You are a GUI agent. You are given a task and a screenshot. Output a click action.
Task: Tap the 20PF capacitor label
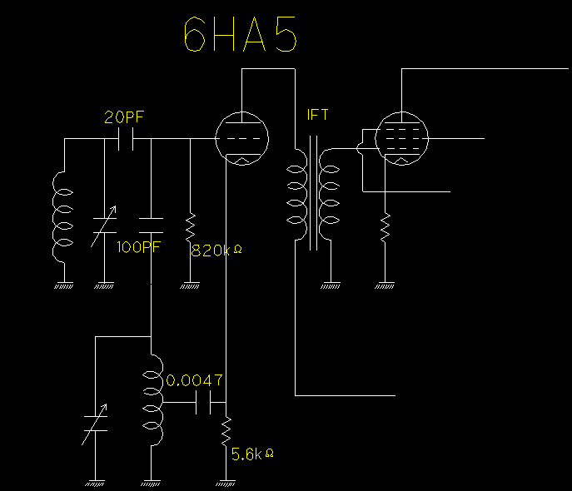point(124,117)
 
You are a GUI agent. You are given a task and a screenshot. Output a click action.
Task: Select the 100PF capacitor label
point(139,247)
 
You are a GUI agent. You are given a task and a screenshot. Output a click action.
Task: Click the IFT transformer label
point(317,116)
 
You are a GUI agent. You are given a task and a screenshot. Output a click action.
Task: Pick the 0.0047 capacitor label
point(195,380)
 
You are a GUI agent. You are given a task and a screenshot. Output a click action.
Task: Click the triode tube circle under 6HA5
point(241,137)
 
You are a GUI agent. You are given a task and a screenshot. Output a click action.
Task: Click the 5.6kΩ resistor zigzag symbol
point(226,431)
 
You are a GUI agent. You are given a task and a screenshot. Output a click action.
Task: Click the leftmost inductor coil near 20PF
point(62,216)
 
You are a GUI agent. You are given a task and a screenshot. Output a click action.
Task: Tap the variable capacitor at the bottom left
point(95,424)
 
